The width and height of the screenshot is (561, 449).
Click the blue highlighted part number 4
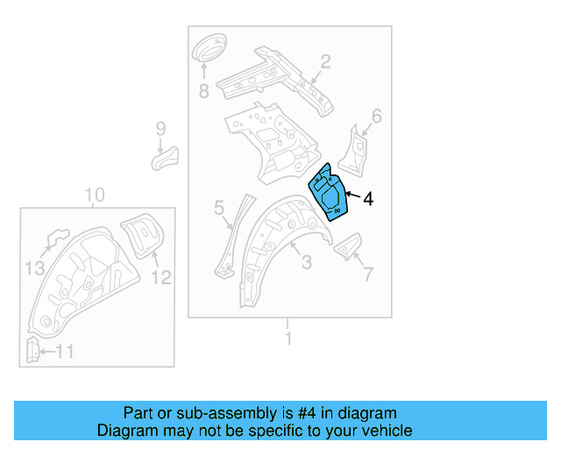330,194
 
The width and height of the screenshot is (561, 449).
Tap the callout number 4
367,200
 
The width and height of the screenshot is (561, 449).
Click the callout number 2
324,61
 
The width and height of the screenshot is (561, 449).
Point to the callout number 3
306,262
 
